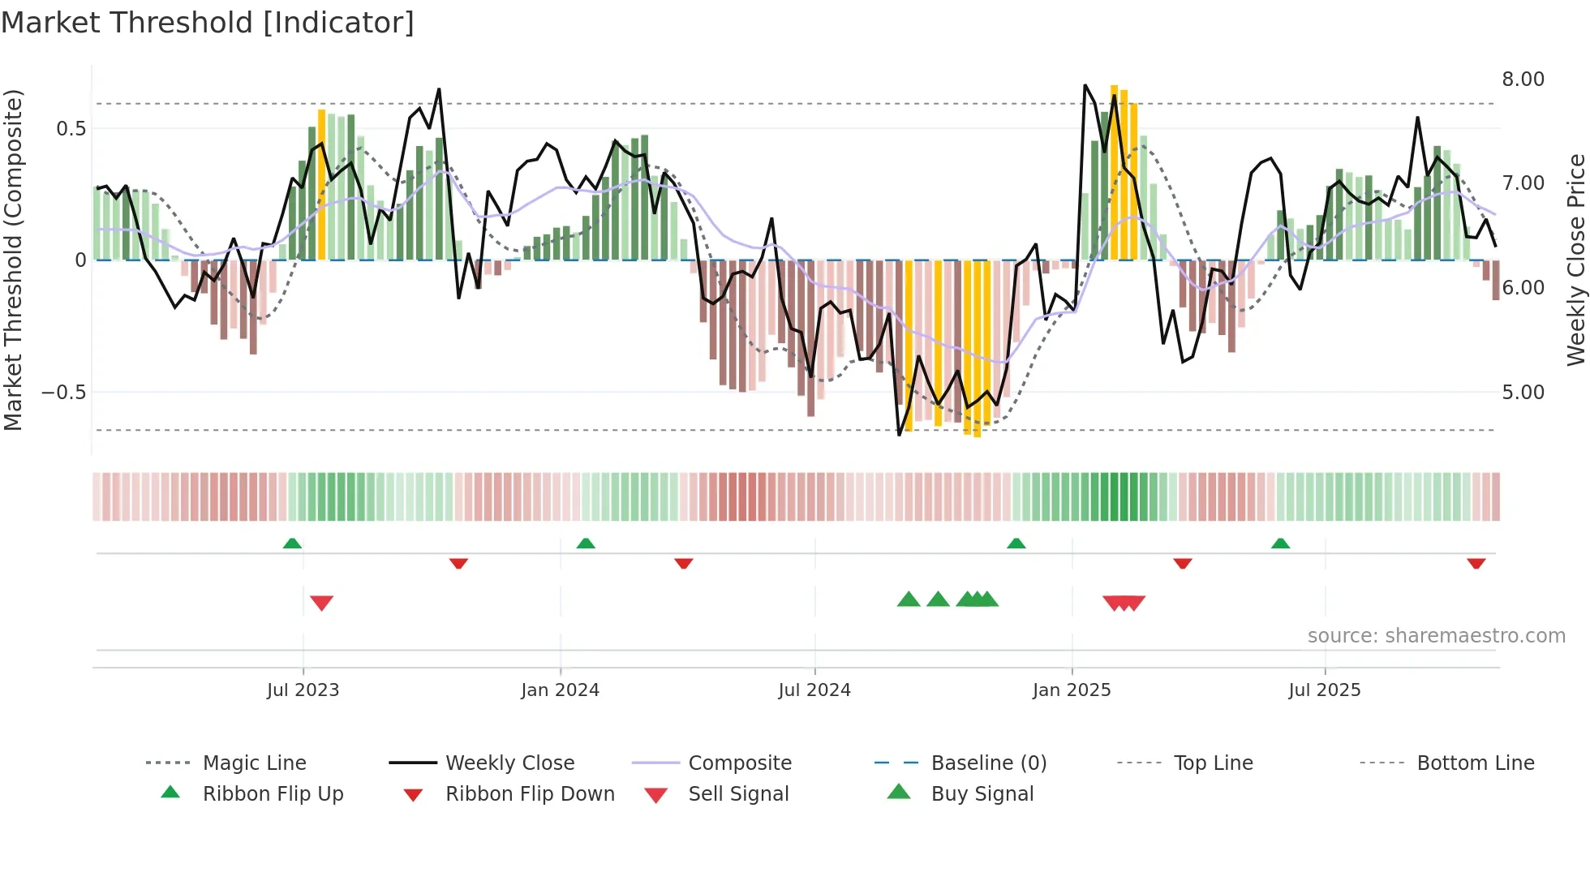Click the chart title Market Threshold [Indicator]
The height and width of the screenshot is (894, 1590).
pos(208,23)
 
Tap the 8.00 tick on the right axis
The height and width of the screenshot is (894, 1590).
pos(1523,80)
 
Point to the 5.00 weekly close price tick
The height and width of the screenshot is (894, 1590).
pos(1523,393)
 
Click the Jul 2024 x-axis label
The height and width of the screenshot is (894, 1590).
pos(814,690)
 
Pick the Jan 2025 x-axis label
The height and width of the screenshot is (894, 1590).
pos(1071,690)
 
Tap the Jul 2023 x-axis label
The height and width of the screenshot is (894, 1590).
pos(303,690)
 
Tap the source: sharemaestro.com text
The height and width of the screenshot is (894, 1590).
pos(1436,636)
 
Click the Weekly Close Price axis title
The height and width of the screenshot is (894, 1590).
pos(1575,260)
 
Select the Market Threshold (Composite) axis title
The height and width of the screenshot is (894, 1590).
pos(13,260)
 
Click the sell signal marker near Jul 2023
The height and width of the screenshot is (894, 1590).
pos(322,603)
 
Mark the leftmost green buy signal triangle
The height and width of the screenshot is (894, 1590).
pos(909,600)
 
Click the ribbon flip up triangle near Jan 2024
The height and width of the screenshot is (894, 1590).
pos(586,544)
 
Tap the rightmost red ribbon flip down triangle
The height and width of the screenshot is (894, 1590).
pos(1476,563)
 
